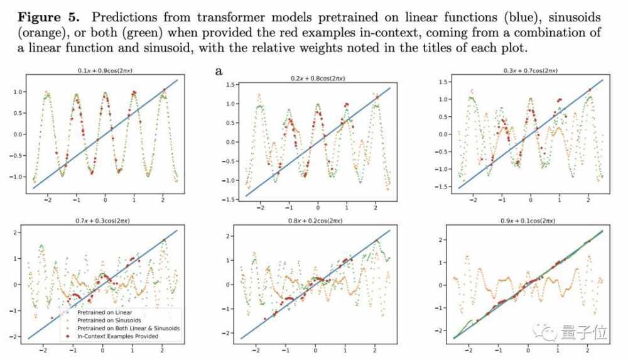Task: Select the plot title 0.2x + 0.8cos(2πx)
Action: pos(318,79)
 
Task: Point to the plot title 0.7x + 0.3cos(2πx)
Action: pos(104,221)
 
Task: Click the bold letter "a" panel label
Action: pos(219,71)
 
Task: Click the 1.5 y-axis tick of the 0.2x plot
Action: pos(230,84)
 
